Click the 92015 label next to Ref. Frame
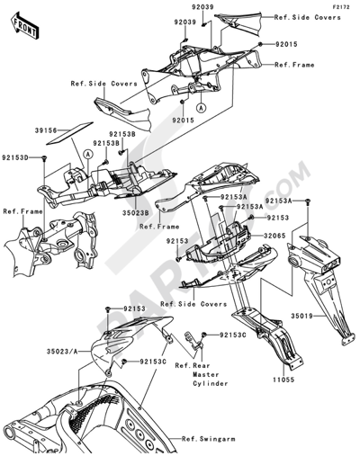(x=287, y=43)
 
